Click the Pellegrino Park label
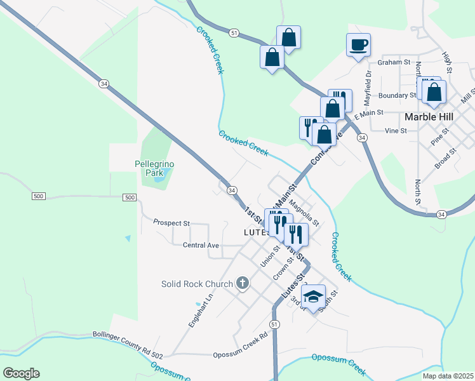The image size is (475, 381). (154, 168)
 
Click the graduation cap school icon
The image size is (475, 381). (312, 297)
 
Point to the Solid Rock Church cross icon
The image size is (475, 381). (242, 283)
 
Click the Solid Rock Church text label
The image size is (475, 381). (196, 284)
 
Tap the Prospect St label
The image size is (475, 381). (171, 224)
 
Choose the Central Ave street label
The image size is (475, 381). (201, 245)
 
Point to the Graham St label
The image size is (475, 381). (394, 62)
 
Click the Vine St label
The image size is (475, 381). (395, 130)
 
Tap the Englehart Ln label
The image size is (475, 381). (200, 310)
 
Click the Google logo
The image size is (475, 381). (21, 373)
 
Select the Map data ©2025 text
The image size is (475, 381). (448, 376)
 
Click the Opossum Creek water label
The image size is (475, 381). (339, 363)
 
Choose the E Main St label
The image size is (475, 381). (370, 114)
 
